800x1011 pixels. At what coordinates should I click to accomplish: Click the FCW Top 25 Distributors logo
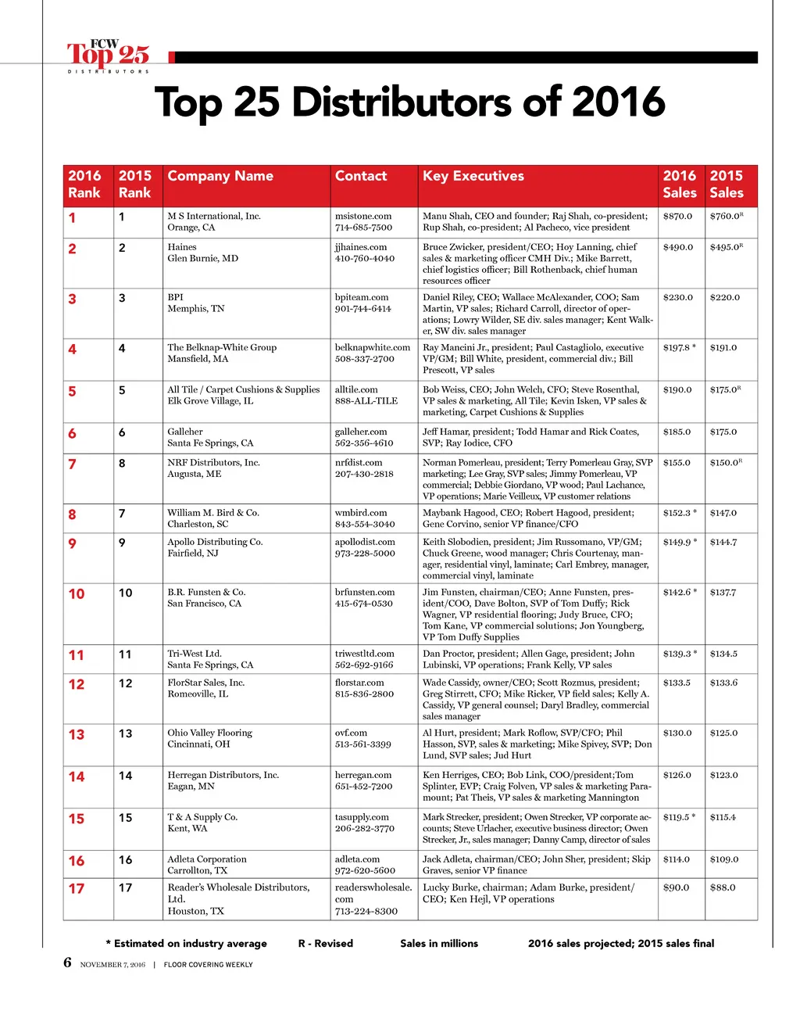pyautogui.click(x=108, y=56)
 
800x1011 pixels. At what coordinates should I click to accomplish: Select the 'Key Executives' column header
pyautogui.click(x=473, y=176)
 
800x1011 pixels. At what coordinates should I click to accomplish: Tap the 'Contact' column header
pyautogui.click(x=361, y=176)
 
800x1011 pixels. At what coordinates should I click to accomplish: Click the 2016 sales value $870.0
pyautogui.click(x=677, y=217)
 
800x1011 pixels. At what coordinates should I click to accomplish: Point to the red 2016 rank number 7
pyautogui.click(x=73, y=464)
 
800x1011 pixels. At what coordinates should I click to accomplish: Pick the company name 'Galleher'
pyautogui.click(x=185, y=432)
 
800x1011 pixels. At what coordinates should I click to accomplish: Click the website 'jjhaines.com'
pyautogui.click(x=361, y=247)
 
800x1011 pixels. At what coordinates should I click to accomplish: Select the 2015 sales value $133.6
pyautogui.click(x=723, y=683)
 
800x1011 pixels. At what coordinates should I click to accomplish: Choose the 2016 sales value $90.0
pyautogui.click(x=676, y=887)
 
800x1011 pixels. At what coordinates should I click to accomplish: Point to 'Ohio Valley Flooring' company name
pyautogui.click(x=209, y=733)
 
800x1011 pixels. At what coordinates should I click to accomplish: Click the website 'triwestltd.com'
pyautogui.click(x=364, y=654)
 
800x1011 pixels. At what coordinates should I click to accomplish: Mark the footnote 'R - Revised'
pyautogui.click(x=326, y=944)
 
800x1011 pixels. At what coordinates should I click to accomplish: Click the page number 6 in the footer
pyautogui.click(x=67, y=963)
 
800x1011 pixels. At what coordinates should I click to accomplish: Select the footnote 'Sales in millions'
pyautogui.click(x=439, y=944)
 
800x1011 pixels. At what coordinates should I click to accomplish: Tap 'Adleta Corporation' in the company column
pyautogui.click(x=207, y=859)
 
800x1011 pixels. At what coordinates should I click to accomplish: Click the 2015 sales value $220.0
pyautogui.click(x=724, y=298)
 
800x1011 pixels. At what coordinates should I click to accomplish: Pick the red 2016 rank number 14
pyautogui.click(x=77, y=777)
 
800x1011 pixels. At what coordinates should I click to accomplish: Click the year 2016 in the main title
pyautogui.click(x=618, y=102)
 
